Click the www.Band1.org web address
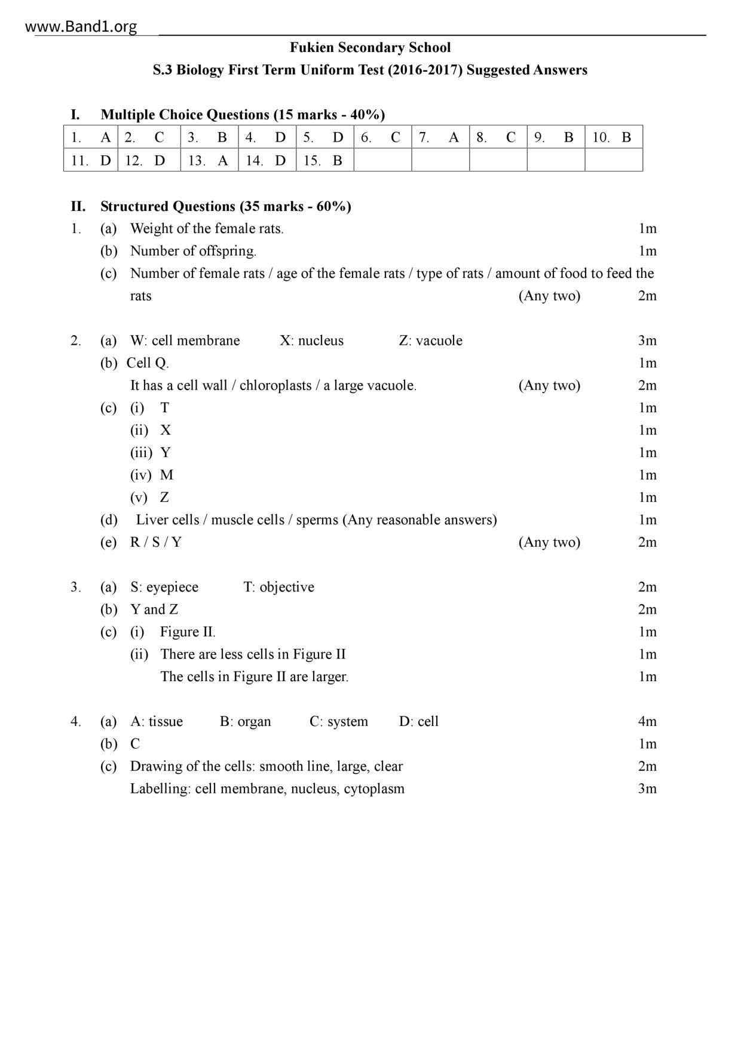[x=81, y=27]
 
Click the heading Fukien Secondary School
[x=370, y=48]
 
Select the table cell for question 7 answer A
[x=440, y=137]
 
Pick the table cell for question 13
[x=209, y=160]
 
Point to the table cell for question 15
[x=324, y=160]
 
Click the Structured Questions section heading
[x=225, y=207]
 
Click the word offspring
[x=226, y=251]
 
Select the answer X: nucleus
[x=311, y=341]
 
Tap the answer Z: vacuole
[x=430, y=341]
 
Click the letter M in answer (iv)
[x=167, y=475]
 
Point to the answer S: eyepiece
[x=164, y=587]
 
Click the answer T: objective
[x=278, y=587]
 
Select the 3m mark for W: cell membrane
[x=647, y=341]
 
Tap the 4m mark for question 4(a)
[x=647, y=721]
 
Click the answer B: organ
[x=245, y=721]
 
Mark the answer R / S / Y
[x=156, y=542]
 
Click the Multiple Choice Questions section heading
[x=242, y=115]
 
